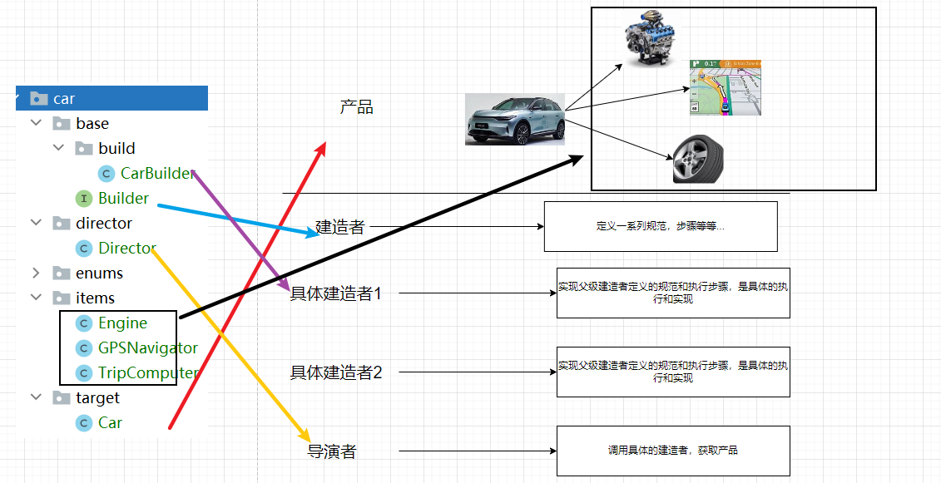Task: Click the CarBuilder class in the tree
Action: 157,173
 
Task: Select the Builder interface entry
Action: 123,198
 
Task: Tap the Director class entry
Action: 126,248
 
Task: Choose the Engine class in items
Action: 122,323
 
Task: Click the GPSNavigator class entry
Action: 147,347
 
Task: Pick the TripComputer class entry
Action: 147,372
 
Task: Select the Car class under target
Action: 110,422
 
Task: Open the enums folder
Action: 99,273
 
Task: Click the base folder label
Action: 92,123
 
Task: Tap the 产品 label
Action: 356,107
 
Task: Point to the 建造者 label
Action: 340,227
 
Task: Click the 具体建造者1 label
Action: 335,293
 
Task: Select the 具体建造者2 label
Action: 335,372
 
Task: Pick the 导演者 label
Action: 332,451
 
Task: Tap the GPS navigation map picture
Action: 726,87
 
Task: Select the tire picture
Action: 697,160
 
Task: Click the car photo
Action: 515,120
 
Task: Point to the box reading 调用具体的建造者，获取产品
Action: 672,451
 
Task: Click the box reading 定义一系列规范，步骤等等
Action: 660,226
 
